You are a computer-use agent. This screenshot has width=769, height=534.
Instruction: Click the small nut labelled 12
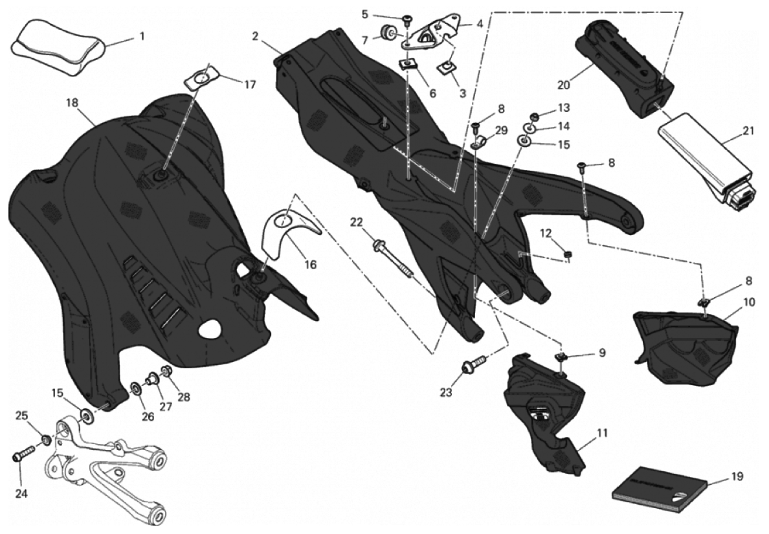point(568,253)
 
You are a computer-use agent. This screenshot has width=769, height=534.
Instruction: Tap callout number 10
point(749,302)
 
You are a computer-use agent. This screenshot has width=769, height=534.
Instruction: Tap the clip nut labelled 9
point(562,356)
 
